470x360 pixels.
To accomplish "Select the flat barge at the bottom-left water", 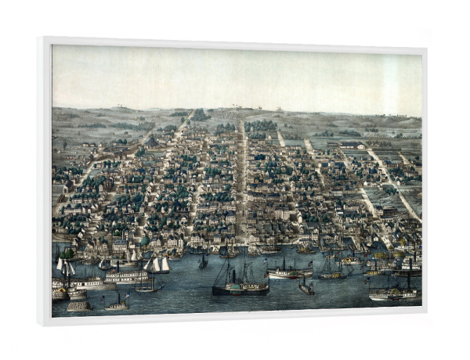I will click(x=78, y=306).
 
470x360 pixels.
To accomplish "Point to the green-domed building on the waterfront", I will click(x=143, y=242).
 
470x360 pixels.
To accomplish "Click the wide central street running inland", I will click(x=242, y=180).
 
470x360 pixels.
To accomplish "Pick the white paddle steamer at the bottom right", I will click(x=393, y=293).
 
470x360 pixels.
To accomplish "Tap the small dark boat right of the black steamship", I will click(x=305, y=287).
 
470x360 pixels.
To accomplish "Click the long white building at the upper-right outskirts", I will click(x=352, y=146).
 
